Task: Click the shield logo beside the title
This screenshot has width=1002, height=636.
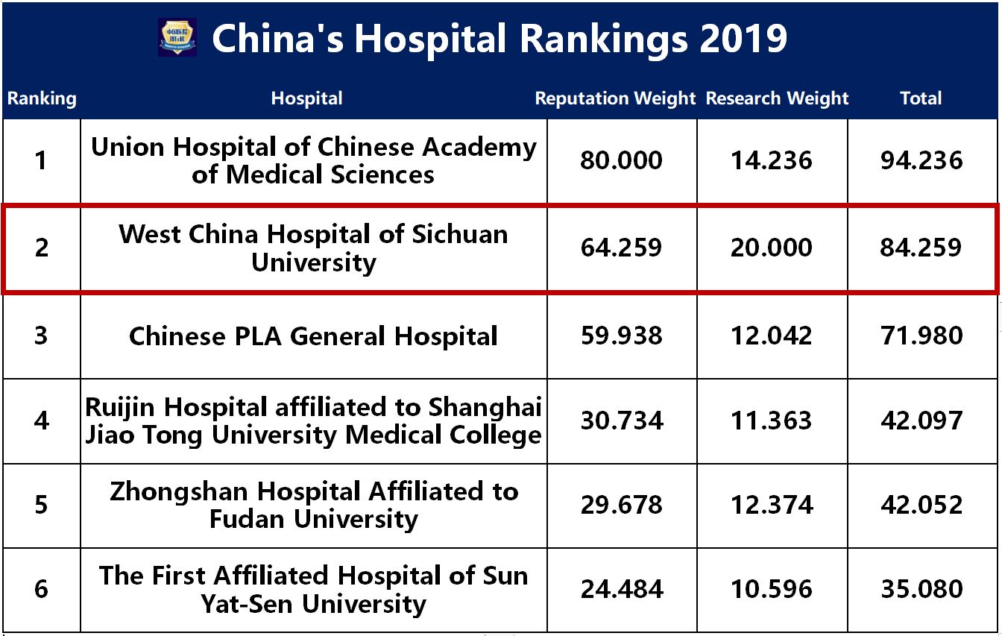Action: pyautogui.click(x=177, y=37)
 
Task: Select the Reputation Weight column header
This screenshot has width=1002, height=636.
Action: pyautogui.click(x=615, y=98)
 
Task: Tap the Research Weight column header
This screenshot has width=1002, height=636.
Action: pyautogui.click(x=777, y=98)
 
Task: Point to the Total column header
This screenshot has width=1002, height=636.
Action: pyautogui.click(x=921, y=98)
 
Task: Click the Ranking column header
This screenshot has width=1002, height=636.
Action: pyautogui.click(x=42, y=98)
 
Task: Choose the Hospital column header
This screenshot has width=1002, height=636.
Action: pyautogui.click(x=306, y=98)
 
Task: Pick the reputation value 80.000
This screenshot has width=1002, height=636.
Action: pyautogui.click(x=621, y=160)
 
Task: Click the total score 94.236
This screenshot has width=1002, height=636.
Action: pyautogui.click(x=921, y=160)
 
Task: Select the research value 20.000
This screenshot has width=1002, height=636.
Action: pyautogui.click(x=772, y=248)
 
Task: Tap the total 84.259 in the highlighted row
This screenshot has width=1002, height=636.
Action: pyautogui.click(x=921, y=248)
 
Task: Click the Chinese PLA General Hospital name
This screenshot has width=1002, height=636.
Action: pyautogui.click(x=313, y=336)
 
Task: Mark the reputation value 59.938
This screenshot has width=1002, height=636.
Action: pyautogui.click(x=621, y=336)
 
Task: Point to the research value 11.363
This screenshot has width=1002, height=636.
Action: pyautogui.click(x=772, y=421)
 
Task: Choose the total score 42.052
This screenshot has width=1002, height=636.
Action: pyautogui.click(x=921, y=505)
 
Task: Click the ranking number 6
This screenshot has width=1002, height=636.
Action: pyautogui.click(x=42, y=590)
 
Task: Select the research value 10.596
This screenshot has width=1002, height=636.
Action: pyautogui.click(x=772, y=590)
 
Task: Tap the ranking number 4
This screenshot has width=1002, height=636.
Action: pyautogui.click(x=42, y=421)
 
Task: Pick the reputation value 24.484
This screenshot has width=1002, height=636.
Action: pyautogui.click(x=621, y=590)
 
